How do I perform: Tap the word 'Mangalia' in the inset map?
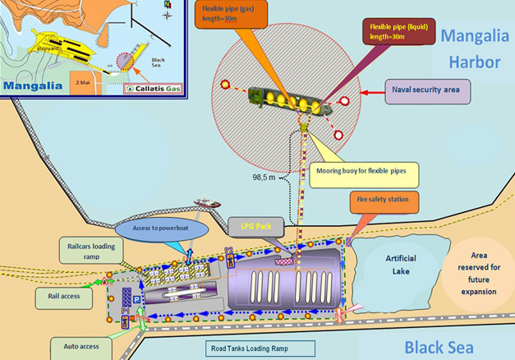[x=33, y=85]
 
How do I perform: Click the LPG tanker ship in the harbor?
[x=289, y=100]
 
